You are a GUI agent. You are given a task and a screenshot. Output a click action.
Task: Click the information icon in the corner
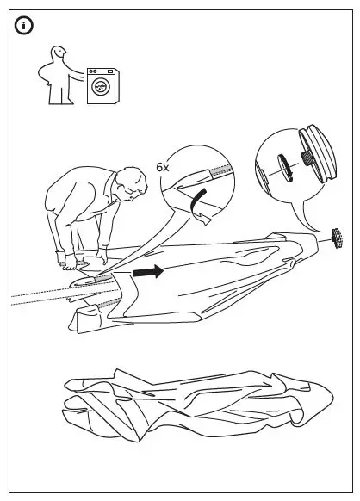tap(22, 27)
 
